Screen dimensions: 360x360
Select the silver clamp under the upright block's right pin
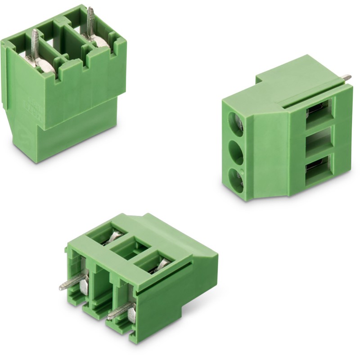pos(100,42)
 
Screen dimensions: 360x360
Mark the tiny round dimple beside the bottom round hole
pos(243,171)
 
